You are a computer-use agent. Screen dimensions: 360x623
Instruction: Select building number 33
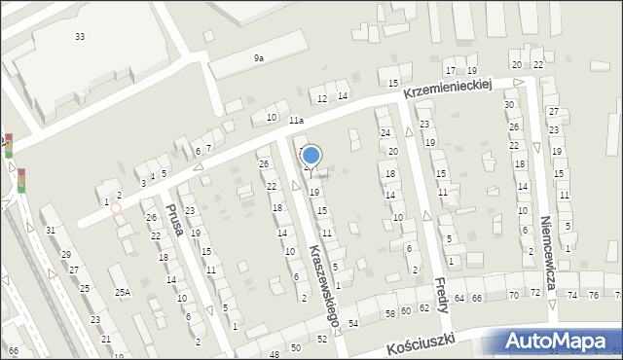point(80,36)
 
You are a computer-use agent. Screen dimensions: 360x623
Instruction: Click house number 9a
point(259,58)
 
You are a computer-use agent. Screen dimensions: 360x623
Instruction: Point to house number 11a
point(296,121)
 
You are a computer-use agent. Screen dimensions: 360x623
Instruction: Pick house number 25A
point(122,292)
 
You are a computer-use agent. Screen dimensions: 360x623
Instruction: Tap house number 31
point(50,230)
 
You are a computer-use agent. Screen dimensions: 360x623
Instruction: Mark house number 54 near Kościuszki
point(353,323)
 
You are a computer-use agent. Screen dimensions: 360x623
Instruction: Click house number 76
point(594,294)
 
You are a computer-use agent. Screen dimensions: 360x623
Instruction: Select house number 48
point(275,354)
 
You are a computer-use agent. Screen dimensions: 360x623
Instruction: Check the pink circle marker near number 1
point(116,207)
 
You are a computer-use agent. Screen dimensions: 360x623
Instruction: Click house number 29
point(66,255)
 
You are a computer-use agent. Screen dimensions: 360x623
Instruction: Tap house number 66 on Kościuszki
point(476,297)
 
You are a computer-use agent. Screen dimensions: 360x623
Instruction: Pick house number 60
point(406,310)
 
